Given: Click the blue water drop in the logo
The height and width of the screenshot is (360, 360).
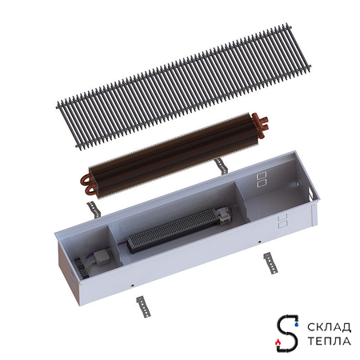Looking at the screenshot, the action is (297, 325).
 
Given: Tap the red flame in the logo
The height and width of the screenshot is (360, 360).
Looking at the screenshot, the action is (278, 342).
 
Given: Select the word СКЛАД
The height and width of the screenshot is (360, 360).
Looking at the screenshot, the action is (329, 327).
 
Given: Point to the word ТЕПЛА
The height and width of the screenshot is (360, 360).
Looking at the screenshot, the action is (329, 341).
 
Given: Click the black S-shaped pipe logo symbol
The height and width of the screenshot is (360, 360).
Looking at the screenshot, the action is (287, 333).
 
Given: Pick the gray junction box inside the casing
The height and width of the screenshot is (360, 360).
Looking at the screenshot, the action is (102, 258).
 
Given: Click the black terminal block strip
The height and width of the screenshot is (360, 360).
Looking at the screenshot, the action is (82, 268).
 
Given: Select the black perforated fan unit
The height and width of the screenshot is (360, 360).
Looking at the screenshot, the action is (174, 230).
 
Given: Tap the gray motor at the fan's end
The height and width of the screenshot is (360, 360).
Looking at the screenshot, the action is (225, 215).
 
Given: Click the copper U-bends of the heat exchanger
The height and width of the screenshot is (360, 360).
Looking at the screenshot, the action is (86, 183).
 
